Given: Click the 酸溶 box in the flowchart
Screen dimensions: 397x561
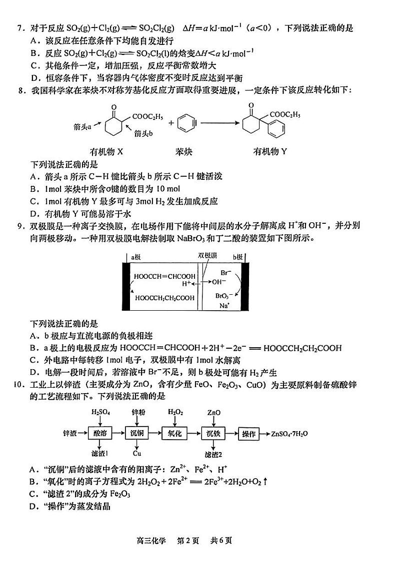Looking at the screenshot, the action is pyautogui.click(x=100, y=434).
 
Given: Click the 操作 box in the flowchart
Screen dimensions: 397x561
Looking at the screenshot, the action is pyautogui.click(x=250, y=434).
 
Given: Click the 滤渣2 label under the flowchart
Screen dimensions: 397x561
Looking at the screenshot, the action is pyautogui.click(x=213, y=454).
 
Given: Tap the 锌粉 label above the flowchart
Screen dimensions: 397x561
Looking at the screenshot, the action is pyautogui.click(x=138, y=413).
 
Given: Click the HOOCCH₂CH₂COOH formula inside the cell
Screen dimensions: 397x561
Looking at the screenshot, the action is pyautogui.click(x=164, y=298).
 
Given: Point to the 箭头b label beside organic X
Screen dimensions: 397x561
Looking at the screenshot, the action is pyautogui.click(x=143, y=133).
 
